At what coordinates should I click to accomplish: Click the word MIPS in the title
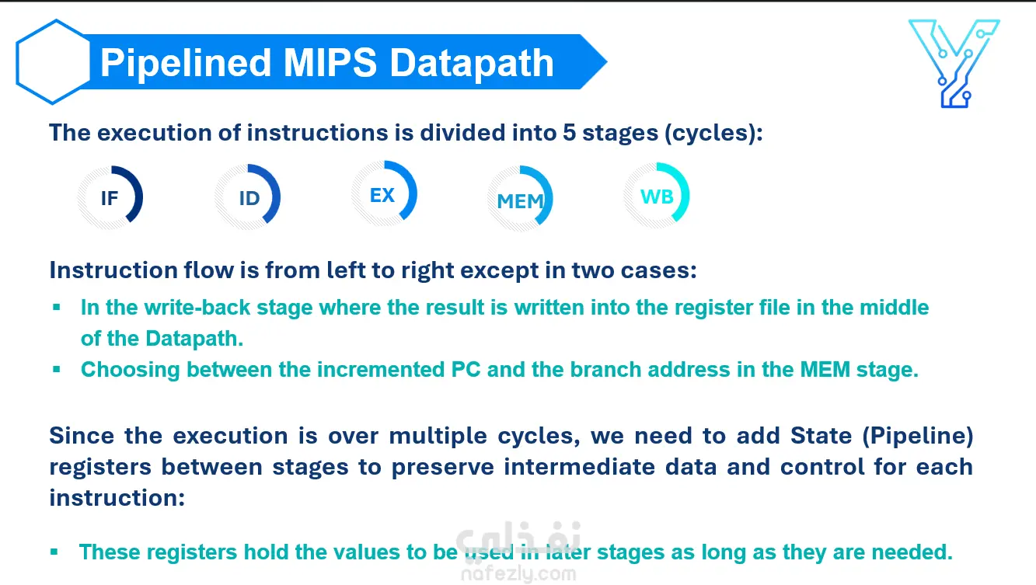pos(330,63)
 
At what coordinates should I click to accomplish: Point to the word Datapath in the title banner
pos(472,64)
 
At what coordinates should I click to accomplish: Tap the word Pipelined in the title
pos(186,64)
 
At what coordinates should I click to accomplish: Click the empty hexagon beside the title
pos(19,62)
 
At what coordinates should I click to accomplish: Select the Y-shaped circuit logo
pos(954,64)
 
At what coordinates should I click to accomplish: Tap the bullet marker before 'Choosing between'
pos(57,369)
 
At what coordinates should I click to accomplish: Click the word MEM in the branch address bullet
pos(825,370)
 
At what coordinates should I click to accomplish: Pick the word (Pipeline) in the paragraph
pos(918,436)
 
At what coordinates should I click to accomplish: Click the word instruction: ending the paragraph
pos(117,498)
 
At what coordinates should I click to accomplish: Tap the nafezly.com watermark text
pos(518,574)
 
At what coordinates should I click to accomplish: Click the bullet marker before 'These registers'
pos(54,552)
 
